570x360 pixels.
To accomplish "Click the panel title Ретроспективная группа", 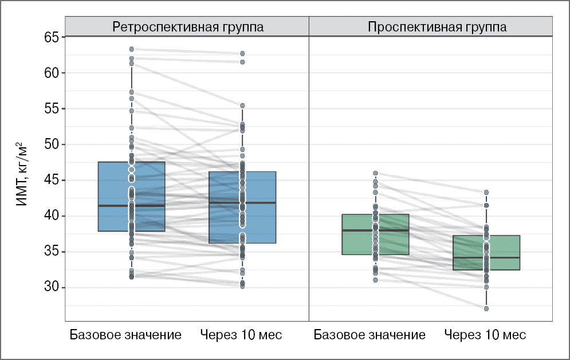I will tap(187, 27).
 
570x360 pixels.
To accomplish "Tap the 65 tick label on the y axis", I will tap(52, 38).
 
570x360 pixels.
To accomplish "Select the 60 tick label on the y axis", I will tap(52, 73).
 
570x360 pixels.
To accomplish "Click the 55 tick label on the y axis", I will tap(52, 109).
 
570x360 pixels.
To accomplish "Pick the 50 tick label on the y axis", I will tap(52, 144).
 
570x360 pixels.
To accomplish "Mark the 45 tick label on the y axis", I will tap(52, 181).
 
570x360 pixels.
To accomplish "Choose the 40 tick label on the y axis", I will tap(52, 216).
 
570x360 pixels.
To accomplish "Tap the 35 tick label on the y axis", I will tap(52, 252).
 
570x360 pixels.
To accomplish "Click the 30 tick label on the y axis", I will tap(52, 287).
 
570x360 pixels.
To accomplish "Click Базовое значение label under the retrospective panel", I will tap(125, 335).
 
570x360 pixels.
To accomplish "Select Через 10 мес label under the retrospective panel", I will tap(241, 335).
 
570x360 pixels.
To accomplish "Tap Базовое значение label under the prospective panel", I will tap(369, 335).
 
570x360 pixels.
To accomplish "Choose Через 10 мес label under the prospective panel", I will tap(485, 335).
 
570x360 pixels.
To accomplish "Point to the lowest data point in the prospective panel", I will tap(486, 308).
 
